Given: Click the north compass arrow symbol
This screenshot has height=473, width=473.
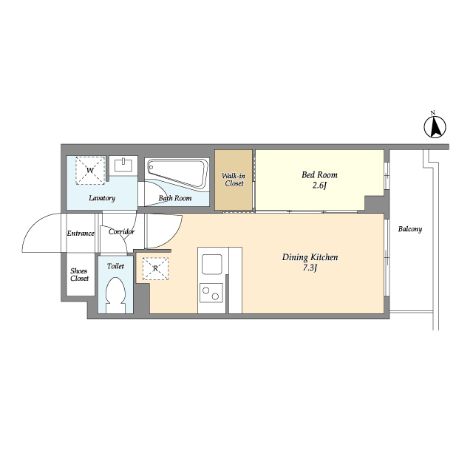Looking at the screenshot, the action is [x=435, y=127].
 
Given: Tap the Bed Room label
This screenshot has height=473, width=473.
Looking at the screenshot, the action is [x=319, y=175].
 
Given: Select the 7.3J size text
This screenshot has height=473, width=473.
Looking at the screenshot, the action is [x=310, y=268].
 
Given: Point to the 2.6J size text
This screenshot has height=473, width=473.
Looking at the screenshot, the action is [x=319, y=186].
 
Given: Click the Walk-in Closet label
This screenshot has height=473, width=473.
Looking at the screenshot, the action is [x=234, y=180].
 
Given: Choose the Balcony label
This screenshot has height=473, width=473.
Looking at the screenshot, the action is [x=410, y=229].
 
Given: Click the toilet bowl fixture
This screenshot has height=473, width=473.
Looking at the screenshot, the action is [x=116, y=295].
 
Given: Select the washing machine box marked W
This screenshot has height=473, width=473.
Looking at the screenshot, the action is [x=90, y=171].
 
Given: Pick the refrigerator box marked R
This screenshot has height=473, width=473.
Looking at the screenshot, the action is [x=155, y=268].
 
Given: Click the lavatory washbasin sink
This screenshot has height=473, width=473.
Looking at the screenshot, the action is [x=123, y=165].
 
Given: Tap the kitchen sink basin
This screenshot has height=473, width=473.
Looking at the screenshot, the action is [x=212, y=265].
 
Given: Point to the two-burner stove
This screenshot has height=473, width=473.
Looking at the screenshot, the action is [x=211, y=293].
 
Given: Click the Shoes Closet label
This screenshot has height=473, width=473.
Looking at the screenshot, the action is [x=79, y=275].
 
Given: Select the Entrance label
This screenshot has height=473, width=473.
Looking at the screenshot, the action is [x=81, y=234].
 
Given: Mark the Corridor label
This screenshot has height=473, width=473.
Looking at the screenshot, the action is [x=121, y=231].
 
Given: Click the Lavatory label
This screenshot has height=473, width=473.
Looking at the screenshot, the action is [x=102, y=198].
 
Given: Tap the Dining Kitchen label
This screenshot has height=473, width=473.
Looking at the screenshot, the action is [x=310, y=257].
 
